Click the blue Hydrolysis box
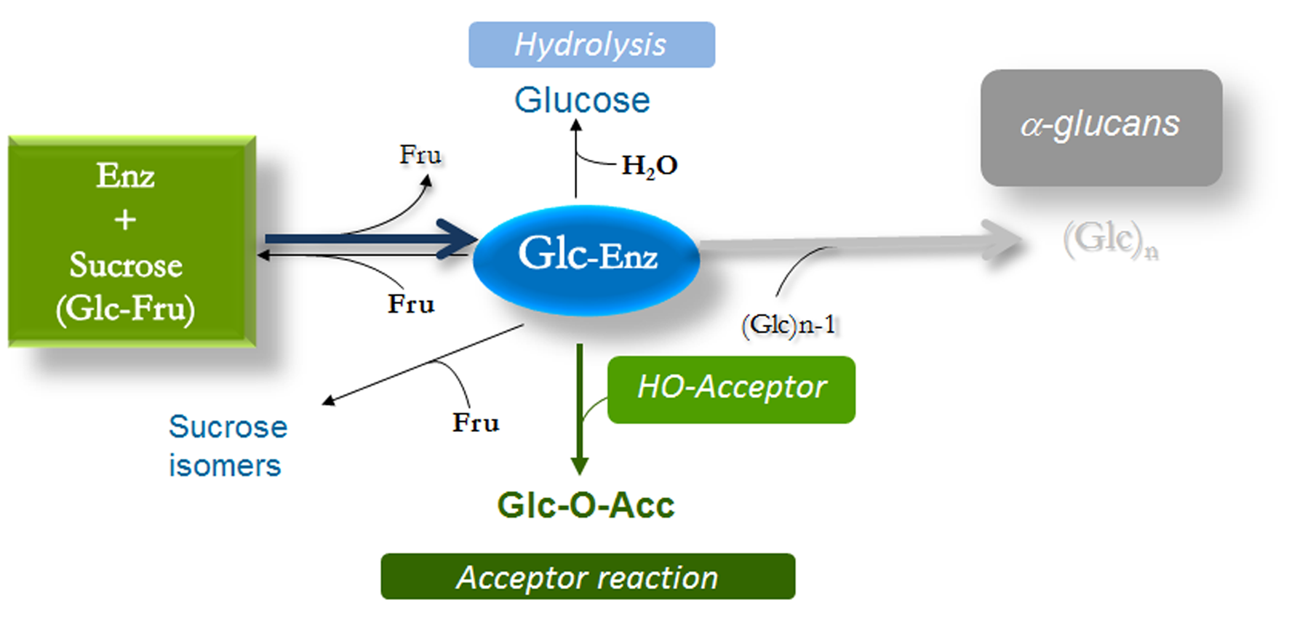pos(591,44)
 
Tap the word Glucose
pos(582,100)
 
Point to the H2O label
pos(650,166)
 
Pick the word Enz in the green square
pos(126,176)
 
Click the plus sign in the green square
pos(125,219)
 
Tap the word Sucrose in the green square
pos(126,265)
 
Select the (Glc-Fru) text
pos(126,308)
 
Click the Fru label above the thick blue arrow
pos(420,154)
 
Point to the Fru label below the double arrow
pos(411,304)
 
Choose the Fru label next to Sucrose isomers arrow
pos(476,422)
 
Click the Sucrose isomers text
pos(227,446)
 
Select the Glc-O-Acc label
pos(586,505)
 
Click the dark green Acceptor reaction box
pos(588,577)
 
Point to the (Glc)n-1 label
pos(788,324)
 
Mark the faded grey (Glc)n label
pos(1109,241)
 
